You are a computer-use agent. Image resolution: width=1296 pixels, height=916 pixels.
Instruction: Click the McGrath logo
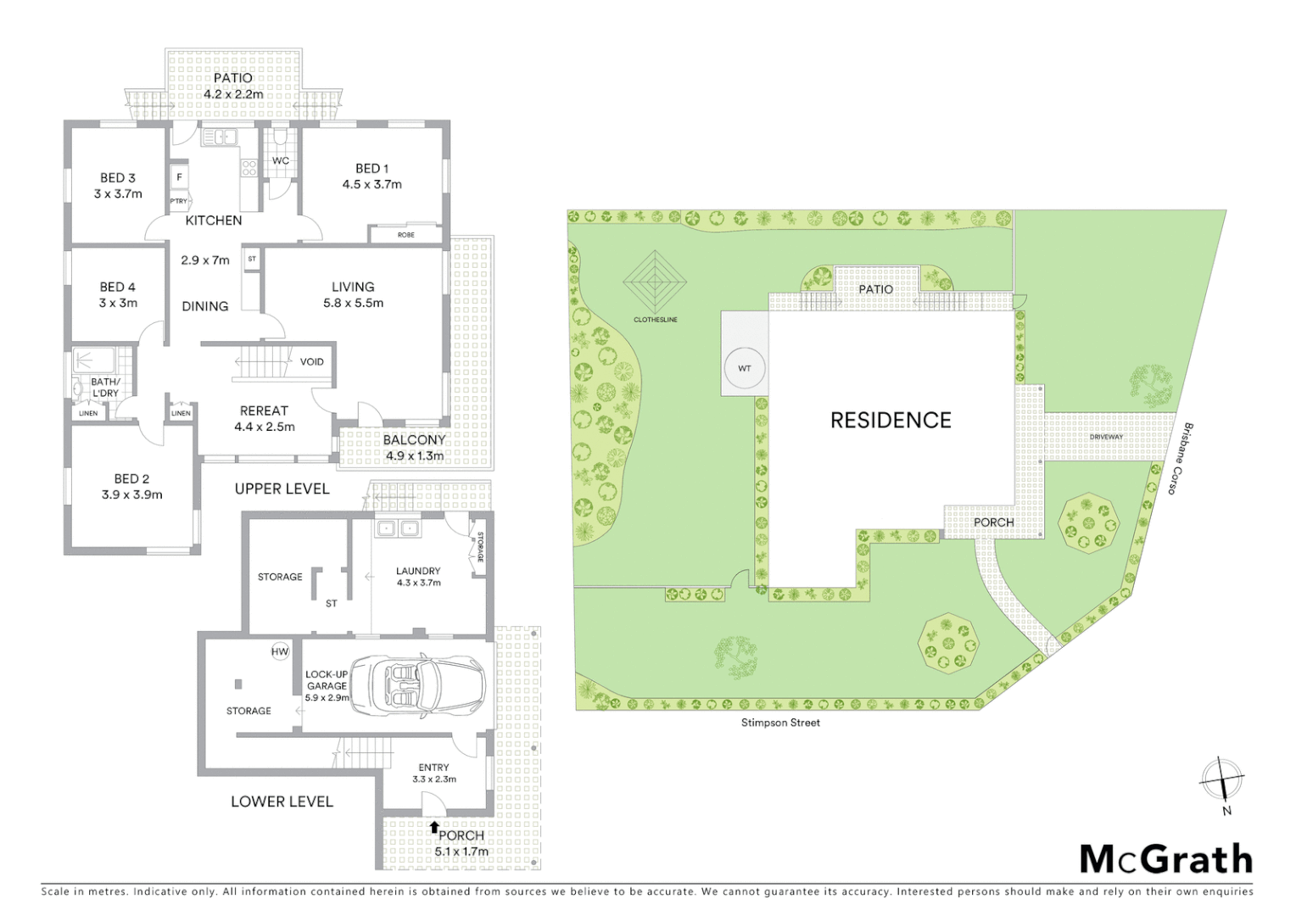(x=1165, y=858)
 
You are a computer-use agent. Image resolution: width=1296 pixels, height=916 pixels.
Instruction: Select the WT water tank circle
(x=744, y=369)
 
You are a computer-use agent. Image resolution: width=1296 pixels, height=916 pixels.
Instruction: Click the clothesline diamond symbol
(x=655, y=281)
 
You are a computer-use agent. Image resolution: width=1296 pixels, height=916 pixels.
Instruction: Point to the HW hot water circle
(x=280, y=651)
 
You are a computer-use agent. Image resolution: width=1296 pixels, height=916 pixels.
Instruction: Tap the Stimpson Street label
(x=780, y=723)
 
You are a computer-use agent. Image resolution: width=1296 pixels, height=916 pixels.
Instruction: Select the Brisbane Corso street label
(x=1179, y=459)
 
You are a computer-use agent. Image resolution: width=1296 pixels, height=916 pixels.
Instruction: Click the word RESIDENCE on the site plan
(x=891, y=420)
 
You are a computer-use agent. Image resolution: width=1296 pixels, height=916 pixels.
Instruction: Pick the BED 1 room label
(x=371, y=169)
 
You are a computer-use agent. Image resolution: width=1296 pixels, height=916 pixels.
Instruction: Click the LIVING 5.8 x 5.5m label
(x=353, y=294)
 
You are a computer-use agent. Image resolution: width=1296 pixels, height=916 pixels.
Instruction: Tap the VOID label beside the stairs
(x=311, y=361)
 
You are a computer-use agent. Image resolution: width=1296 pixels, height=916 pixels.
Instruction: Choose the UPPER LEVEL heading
(x=282, y=489)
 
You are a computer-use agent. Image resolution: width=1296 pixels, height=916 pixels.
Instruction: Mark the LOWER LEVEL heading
(x=282, y=801)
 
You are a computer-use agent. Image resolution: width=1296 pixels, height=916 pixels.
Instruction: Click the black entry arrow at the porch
(x=434, y=826)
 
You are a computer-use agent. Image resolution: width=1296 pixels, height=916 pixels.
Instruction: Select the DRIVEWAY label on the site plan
(x=1106, y=437)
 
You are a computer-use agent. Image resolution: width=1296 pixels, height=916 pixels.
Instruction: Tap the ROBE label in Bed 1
(x=406, y=234)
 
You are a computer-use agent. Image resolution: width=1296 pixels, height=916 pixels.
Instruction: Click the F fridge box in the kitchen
(x=179, y=177)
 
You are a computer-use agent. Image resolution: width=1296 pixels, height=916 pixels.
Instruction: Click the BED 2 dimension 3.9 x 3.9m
(x=131, y=494)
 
